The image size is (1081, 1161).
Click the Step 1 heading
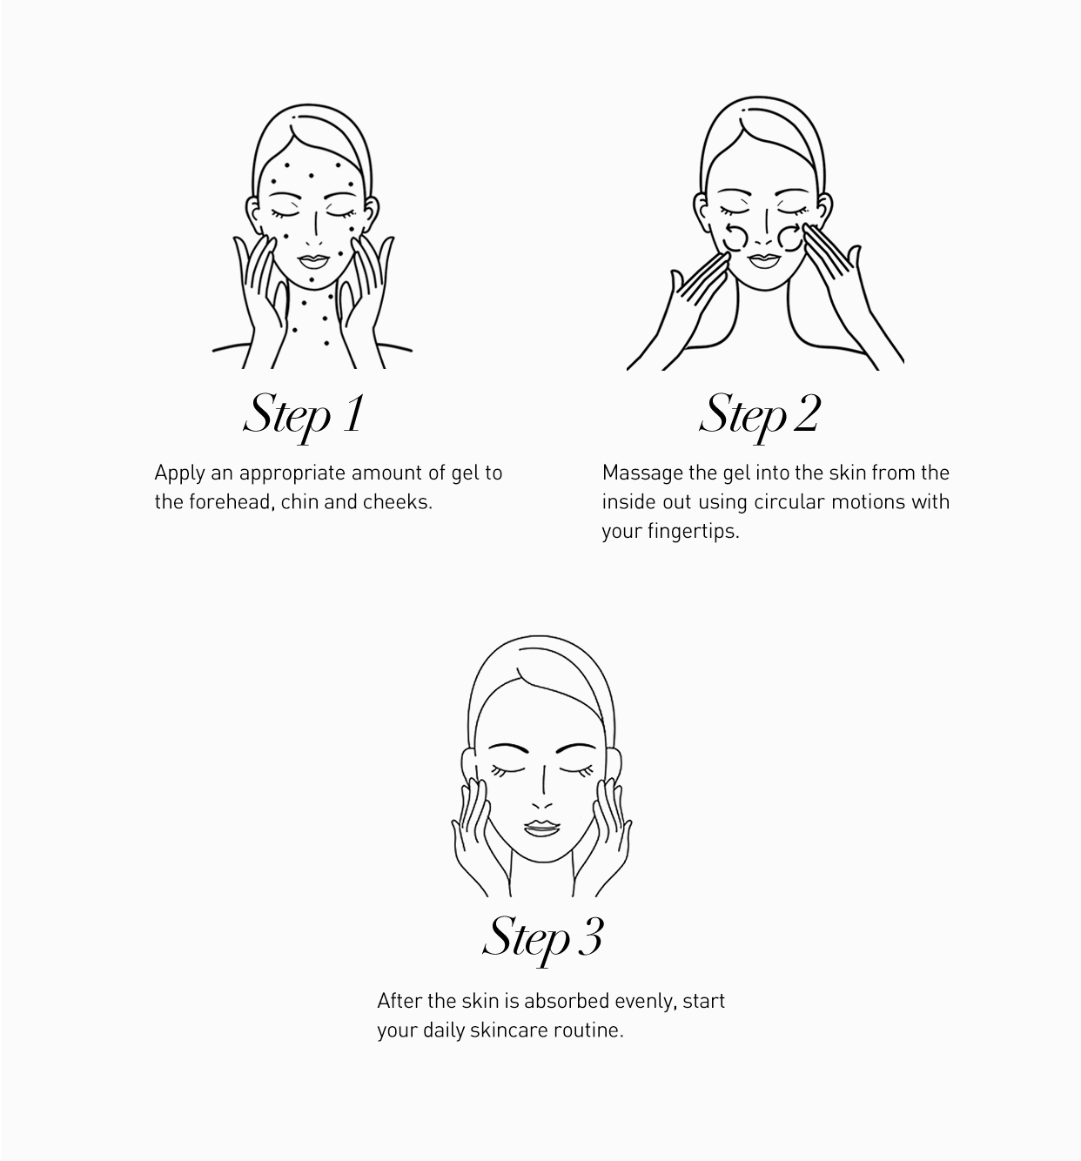(304, 416)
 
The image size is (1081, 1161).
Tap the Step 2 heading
(760, 416)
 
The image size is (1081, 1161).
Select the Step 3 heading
(543, 937)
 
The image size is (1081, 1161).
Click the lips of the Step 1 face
(313, 261)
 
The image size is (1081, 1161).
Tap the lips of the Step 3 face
(541, 828)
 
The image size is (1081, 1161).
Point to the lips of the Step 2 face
(764, 261)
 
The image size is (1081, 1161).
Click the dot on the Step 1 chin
(312, 280)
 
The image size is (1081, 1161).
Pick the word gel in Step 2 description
(737, 473)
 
